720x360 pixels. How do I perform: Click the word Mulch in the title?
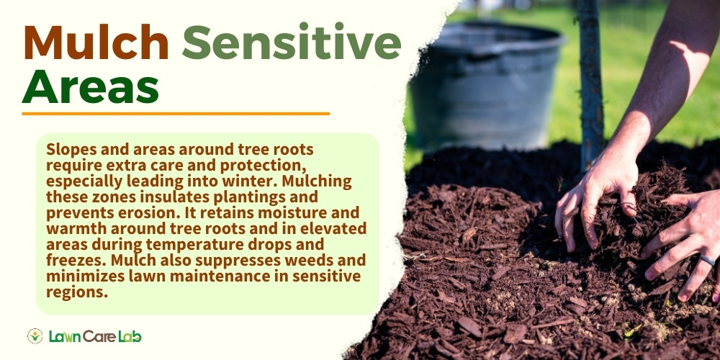coord(96,42)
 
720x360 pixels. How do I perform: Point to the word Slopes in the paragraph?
coord(69,150)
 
